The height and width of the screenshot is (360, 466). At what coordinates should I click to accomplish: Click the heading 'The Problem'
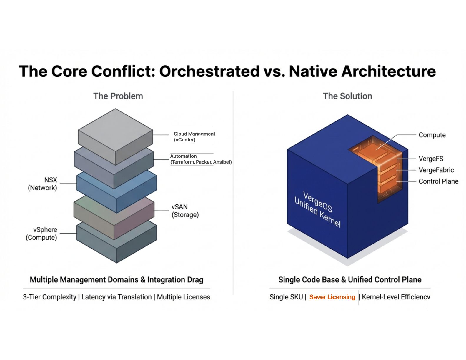click(118, 96)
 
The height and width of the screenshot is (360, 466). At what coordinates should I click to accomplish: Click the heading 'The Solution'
click(347, 96)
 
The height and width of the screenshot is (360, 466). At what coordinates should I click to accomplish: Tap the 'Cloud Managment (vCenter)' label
click(194, 137)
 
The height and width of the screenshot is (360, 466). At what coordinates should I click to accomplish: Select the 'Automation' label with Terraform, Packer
click(201, 159)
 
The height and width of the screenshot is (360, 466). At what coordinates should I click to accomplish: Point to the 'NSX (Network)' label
click(43, 184)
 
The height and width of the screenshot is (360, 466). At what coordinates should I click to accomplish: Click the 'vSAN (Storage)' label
click(185, 211)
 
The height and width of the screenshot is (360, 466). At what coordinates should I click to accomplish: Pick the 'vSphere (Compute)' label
click(41, 234)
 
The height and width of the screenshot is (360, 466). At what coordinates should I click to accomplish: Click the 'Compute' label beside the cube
click(432, 135)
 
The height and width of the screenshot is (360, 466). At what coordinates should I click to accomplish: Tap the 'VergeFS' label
click(431, 159)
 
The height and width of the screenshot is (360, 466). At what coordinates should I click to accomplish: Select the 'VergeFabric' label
click(436, 170)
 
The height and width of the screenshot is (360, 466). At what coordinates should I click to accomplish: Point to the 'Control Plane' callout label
click(438, 181)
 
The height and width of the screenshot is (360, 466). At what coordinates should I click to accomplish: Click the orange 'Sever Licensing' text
click(332, 297)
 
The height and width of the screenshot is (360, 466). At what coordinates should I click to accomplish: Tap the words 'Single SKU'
click(286, 297)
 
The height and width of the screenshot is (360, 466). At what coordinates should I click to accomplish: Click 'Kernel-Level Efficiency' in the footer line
click(396, 297)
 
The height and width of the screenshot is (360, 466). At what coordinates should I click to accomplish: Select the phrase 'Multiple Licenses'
click(184, 297)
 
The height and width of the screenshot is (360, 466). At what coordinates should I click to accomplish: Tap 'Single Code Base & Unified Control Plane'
click(350, 280)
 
